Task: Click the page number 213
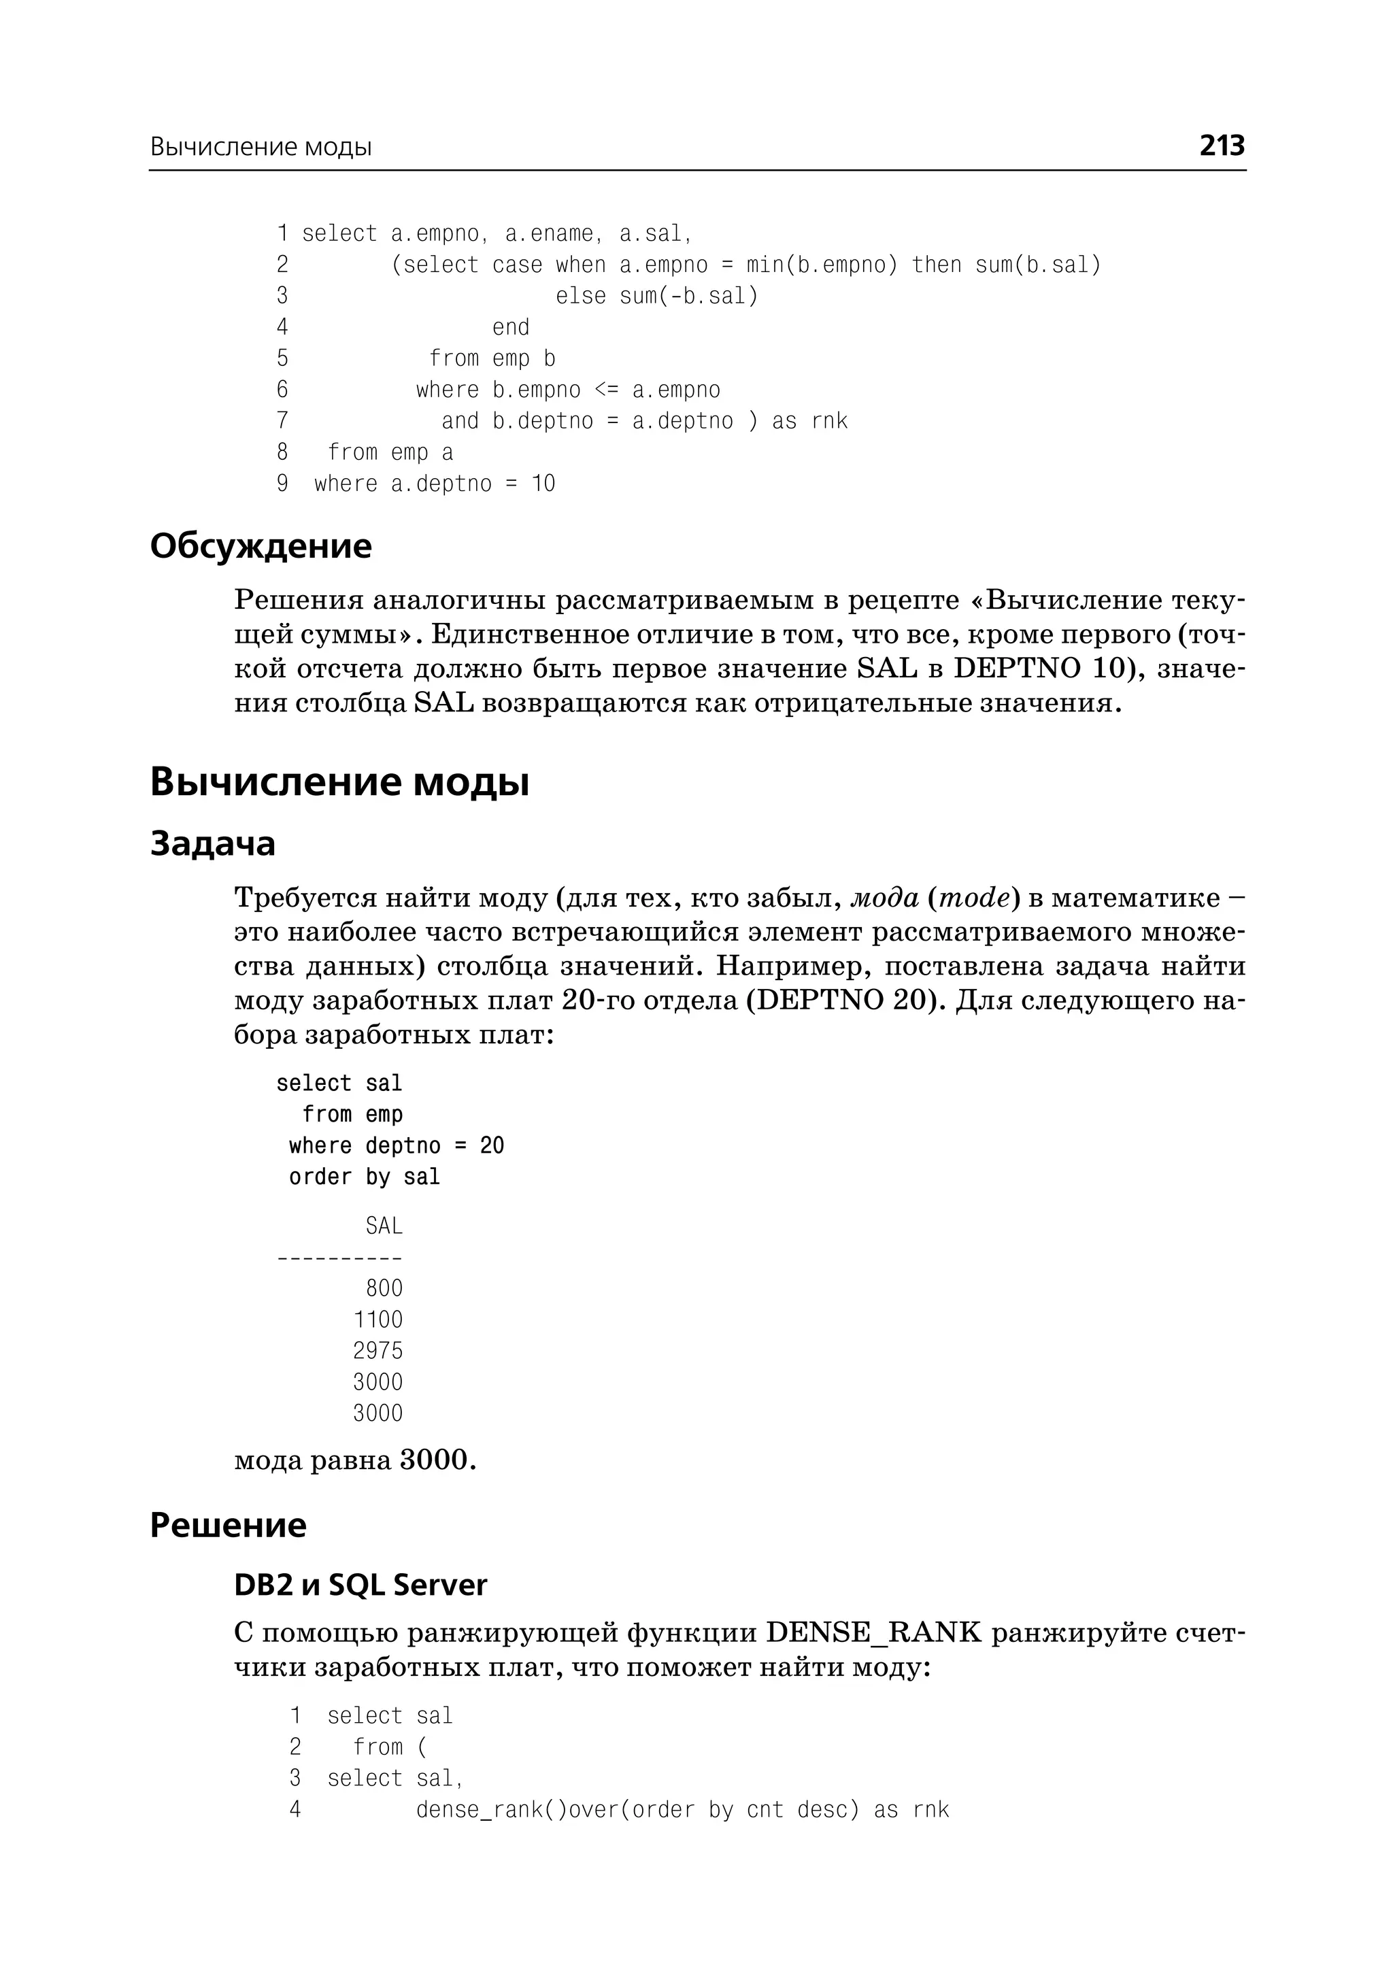click(1221, 146)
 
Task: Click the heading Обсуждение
click(261, 545)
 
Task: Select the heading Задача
click(213, 843)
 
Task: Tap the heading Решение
click(228, 1525)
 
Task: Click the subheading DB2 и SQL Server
click(360, 1584)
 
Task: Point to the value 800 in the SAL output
click(384, 1288)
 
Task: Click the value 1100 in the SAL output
click(377, 1319)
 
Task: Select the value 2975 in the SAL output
click(377, 1351)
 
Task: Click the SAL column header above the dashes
click(384, 1226)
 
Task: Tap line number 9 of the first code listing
click(282, 484)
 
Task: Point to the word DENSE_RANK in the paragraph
click(873, 1632)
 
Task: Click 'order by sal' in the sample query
click(365, 1177)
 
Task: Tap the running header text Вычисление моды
click(261, 147)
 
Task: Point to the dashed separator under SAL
click(339, 1258)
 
